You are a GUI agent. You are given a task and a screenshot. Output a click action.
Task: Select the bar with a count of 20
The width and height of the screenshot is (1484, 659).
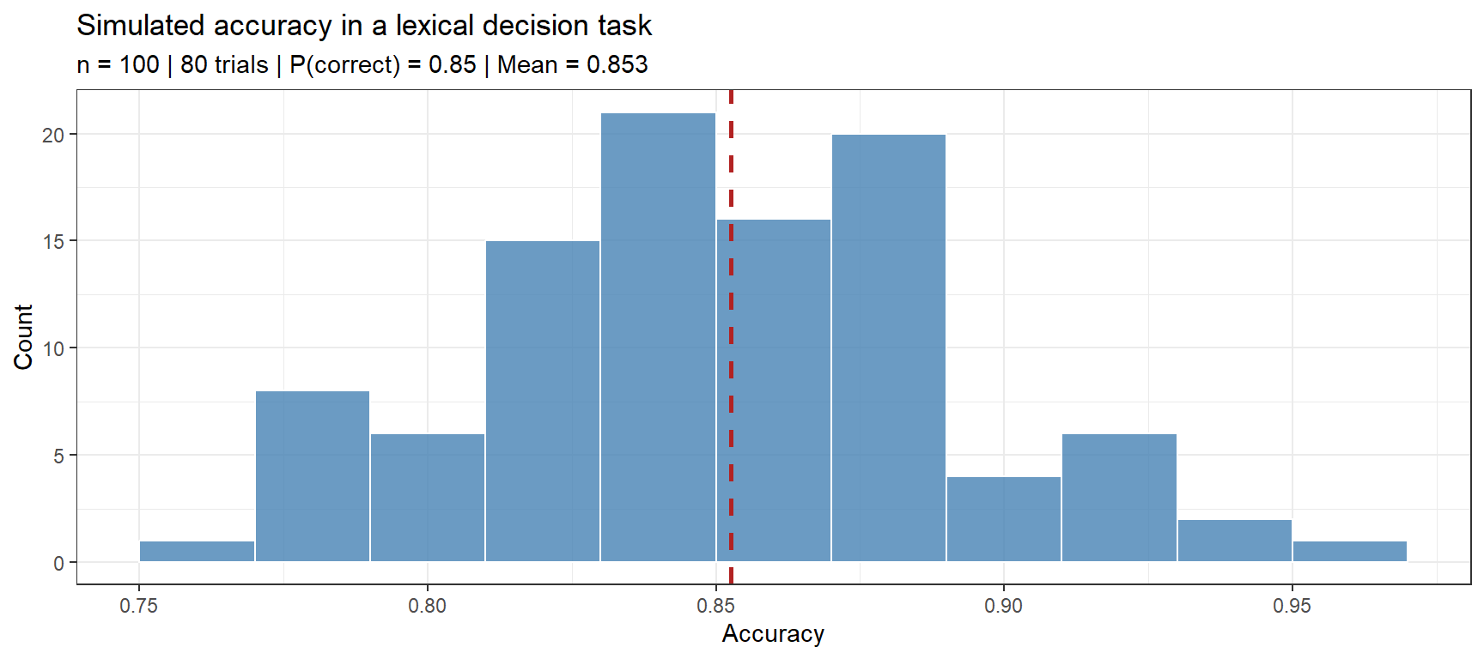889,348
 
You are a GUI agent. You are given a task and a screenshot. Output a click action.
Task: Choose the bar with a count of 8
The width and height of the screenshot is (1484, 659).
313,476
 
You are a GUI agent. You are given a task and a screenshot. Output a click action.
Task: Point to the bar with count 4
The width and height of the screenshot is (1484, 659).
1004,519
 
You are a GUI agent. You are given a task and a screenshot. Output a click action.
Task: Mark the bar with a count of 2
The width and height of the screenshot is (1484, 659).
1234,541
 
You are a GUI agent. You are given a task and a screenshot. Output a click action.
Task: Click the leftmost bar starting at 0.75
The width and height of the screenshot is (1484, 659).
197,552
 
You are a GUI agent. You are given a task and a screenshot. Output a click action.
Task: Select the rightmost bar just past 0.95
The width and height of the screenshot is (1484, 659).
1349,552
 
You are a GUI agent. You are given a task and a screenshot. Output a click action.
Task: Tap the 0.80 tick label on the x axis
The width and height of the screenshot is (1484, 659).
427,606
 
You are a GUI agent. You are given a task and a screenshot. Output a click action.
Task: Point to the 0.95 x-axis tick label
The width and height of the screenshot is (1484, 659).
1292,606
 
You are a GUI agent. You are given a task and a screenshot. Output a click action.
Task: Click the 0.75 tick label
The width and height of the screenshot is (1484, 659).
139,606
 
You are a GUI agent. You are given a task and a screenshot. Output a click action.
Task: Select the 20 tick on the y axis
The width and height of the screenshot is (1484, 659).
53,135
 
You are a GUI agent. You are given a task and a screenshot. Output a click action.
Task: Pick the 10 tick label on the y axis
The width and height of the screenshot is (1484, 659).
53,348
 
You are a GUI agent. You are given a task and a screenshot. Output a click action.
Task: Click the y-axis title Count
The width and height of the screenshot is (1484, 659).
23,336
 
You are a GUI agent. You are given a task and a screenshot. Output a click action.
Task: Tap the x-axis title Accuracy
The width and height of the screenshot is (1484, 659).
773,634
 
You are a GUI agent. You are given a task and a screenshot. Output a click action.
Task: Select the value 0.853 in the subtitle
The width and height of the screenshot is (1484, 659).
617,65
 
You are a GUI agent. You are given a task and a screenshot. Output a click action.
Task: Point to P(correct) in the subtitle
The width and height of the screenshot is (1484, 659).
344,65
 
